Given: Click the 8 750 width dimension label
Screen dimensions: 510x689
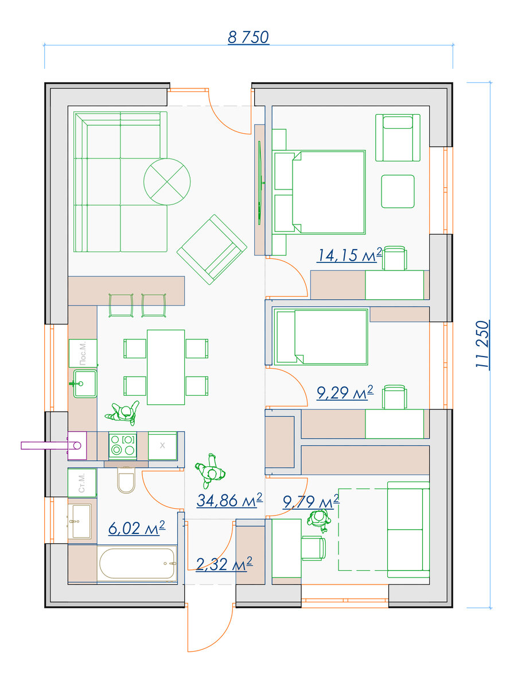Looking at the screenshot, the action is coord(248,37).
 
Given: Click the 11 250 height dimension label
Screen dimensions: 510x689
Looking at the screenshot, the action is coord(482,344).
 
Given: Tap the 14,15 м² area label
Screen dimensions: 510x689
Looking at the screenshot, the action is coord(349,255).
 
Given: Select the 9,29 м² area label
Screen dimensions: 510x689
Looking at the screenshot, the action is coord(345,392).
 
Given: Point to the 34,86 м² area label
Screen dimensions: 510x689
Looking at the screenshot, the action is coord(229,500).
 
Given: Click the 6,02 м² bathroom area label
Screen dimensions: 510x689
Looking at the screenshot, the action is coord(137,528).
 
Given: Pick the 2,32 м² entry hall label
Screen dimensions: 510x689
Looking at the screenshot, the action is coord(224,564).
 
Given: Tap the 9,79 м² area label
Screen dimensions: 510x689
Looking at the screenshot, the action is coord(311,502).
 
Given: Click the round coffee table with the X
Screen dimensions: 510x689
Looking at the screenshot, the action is coord(167,182).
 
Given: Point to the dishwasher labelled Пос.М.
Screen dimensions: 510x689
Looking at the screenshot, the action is coord(83,353).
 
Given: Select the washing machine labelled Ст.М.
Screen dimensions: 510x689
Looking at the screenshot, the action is coord(82,483).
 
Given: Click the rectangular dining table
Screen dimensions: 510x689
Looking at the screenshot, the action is coord(166,367).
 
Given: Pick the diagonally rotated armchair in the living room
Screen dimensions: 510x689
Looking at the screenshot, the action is coord(212,249).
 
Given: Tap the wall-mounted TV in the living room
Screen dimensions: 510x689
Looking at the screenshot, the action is coord(260,183).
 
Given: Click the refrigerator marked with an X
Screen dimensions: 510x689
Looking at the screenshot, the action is coord(162,446).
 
